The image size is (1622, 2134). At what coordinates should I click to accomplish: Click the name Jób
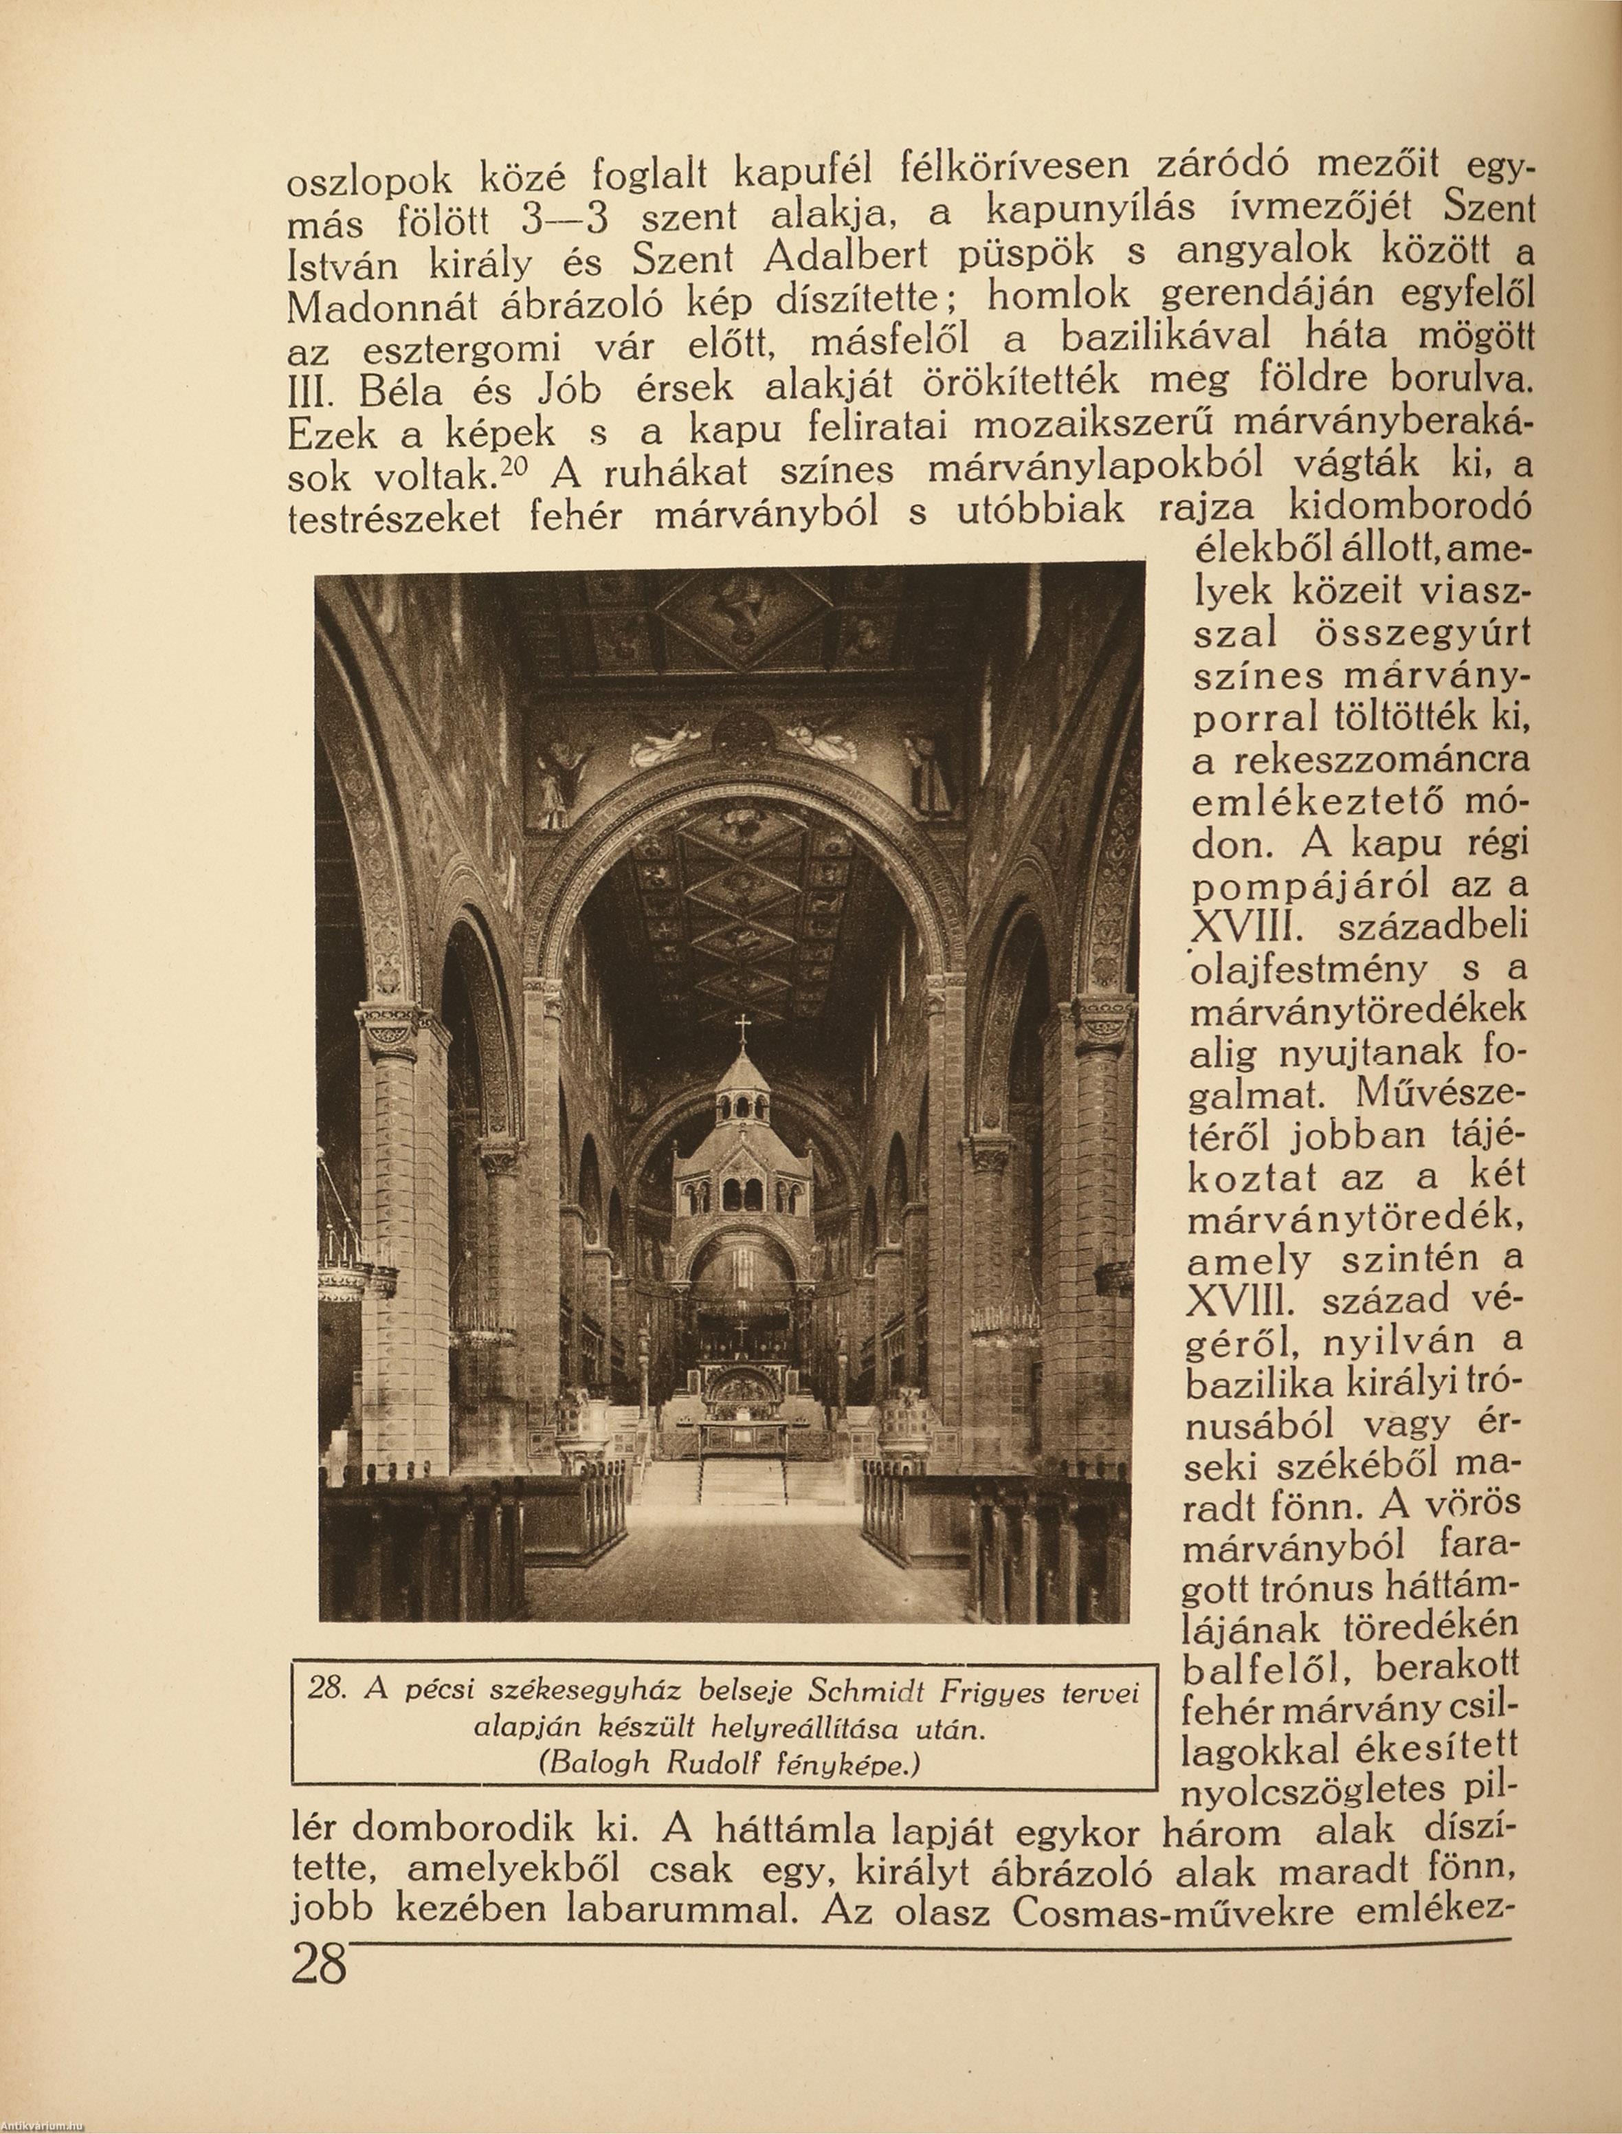click(x=570, y=390)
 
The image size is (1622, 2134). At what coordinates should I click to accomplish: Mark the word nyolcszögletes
click(x=1315, y=1788)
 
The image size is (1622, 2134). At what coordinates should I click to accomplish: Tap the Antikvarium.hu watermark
click(x=43, y=2125)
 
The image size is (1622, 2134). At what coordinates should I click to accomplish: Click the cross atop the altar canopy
click(x=742, y=1026)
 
